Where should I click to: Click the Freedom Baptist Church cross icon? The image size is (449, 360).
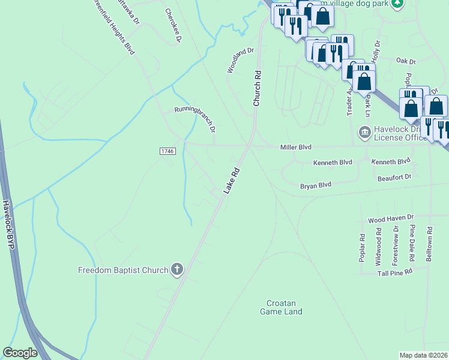[176, 269]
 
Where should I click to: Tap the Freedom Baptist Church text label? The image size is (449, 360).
[123, 270]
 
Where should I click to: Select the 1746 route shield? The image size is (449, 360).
[168, 151]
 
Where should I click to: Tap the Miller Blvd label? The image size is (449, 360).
[297, 147]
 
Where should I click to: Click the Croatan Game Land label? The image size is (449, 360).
[281, 307]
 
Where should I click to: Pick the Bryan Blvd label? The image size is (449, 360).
[316, 186]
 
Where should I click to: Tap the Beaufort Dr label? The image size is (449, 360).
[394, 177]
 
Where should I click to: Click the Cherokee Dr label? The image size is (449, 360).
[173, 26]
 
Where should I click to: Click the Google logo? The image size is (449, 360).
[20, 353]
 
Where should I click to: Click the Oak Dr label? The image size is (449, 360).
[406, 61]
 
